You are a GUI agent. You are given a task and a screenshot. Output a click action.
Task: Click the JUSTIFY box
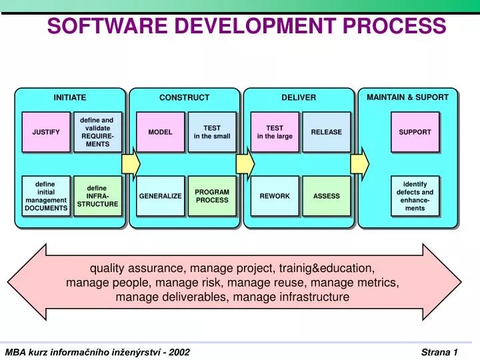click(46, 131)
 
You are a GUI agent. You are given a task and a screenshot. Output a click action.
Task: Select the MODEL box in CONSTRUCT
click(160, 131)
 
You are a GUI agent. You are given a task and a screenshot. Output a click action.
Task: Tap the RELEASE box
click(326, 131)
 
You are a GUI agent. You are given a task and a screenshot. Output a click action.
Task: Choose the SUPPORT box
click(415, 131)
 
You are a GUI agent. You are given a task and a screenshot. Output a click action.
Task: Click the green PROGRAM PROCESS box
click(212, 196)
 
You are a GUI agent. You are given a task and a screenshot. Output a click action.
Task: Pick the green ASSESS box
click(326, 196)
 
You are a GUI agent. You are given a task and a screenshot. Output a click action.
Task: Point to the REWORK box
click(275, 196)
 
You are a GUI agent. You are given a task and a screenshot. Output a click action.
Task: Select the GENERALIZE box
click(160, 196)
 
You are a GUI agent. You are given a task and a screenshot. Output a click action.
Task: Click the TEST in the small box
click(212, 131)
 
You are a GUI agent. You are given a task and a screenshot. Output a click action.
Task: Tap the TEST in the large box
click(275, 131)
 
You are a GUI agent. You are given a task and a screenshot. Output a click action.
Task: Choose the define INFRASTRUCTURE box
click(97, 196)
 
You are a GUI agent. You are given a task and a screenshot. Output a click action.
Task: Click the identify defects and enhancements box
click(415, 196)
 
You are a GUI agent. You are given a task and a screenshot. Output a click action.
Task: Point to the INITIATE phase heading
click(70, 97)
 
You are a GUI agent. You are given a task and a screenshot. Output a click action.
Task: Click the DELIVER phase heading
click(299, 97)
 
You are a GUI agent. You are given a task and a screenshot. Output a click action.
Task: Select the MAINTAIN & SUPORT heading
click(407, 97)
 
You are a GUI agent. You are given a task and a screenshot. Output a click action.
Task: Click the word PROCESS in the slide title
click(395, 26)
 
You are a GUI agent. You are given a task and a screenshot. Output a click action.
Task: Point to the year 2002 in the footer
click(180, 351)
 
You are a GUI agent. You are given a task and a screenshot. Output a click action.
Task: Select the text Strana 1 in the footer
click(439, 351)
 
